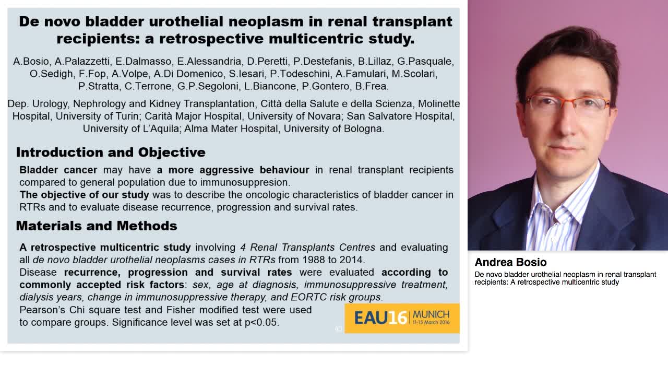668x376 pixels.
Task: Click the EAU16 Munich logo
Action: click(x=402, y=318)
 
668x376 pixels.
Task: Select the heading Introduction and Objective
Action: click(x=111, y=152)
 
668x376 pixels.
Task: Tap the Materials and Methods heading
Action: click(x=97, y=226)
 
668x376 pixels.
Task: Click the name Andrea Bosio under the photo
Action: click(x=510, y=262)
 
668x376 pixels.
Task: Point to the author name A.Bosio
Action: click(x=31, y=62)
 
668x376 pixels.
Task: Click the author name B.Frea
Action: click(x=373, y=86)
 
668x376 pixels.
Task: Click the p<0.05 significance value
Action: click(x=261, y=323)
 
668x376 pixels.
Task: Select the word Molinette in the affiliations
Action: click(x=439, y=104)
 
